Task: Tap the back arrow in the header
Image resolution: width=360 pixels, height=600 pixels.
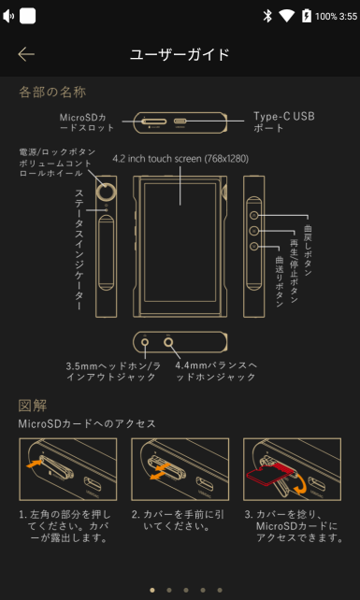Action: coord(26,54)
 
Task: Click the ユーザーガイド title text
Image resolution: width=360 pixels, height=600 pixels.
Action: coord(180,54)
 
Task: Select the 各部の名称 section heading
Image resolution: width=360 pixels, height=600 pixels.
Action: coord(52,92)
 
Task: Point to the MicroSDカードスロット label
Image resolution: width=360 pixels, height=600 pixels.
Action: coord(88,121)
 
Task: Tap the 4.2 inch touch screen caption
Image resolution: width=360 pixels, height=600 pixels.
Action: coord(180,158)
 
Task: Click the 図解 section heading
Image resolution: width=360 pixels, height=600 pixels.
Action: coord(33,406)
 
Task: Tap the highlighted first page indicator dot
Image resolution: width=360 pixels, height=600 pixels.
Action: coord(151,590)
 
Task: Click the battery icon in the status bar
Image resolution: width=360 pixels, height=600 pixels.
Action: coord(305,16)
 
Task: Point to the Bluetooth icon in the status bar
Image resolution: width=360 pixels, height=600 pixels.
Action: coord(266,16)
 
